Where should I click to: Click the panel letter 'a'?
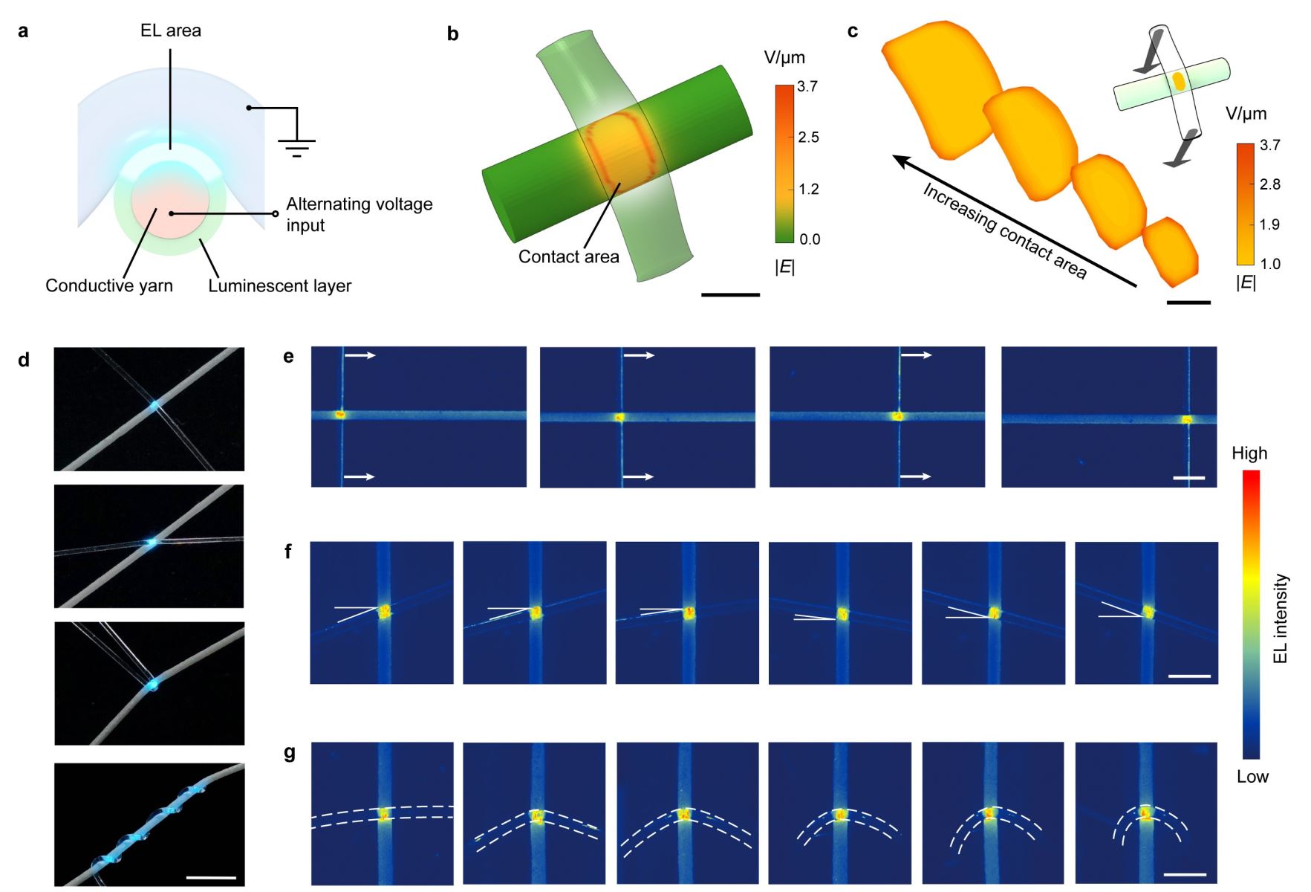pyautogui.click(x=23, y=31)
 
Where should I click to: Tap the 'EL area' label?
pyautogui.click(x=171, y=30)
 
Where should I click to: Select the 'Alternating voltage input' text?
pyautogui.click(x=359, y=214)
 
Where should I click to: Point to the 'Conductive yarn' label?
pyautogui.click(x=109, y=286)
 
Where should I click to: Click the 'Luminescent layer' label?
pyautogui.click(x=279, y=286)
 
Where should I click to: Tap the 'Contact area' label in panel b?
pyautogui.click(x=568, y=257)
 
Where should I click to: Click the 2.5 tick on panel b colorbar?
pyautogui.click(x=808, y=138)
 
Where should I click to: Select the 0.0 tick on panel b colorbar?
pyautogui.click(x=809, y=239)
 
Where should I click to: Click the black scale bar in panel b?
pyautogui.click(x=730, y=295)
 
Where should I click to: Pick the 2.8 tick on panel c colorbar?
pyautogui.click(x=1269, y=184)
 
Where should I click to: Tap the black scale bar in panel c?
pyautogui.click(x=1188, y=303)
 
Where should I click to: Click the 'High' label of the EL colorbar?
pyautogui.click(x=1249, y=453)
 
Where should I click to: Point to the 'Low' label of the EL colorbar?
pyautogui.click(x=1252, y=777)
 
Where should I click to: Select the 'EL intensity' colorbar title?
pyautogui.click(x=1281, y=618)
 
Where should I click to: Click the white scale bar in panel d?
pyautogui.click(x=211, y=878)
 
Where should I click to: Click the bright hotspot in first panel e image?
pyautogui.click(x=341, y=415)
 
